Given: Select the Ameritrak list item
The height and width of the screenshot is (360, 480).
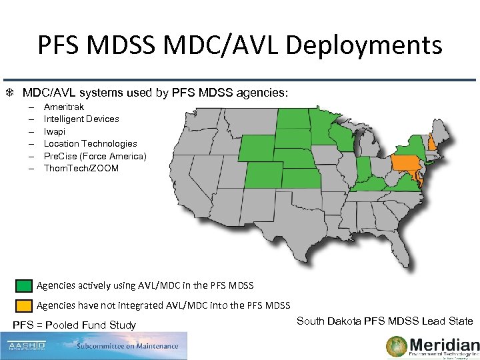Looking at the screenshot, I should point(64,107).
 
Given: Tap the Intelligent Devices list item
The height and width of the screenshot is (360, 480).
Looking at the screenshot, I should point(81,119).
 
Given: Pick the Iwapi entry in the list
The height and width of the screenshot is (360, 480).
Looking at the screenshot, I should point(55,131).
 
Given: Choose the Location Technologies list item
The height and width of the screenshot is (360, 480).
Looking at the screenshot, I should point(90,143).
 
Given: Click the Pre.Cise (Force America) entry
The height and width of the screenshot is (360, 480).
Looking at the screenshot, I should point(95,156).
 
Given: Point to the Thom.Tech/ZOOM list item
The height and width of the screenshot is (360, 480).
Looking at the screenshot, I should point(81,168).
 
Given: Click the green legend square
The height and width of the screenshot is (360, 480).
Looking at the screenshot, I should point(23,286).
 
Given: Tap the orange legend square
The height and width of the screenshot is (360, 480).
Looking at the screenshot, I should point(23,306).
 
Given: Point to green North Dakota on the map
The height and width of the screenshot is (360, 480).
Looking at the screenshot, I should point(293,119).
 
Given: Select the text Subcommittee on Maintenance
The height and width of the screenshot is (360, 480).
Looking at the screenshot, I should point(127,346).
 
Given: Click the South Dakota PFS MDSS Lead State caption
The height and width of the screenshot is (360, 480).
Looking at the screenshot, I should point(384,321).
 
